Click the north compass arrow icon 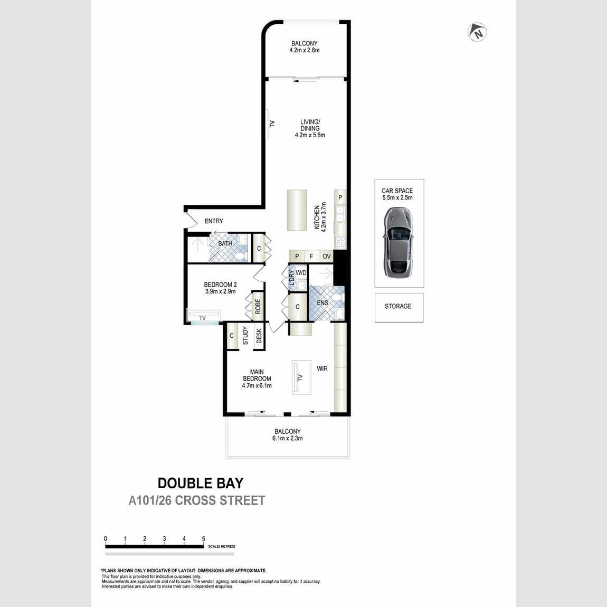(x=477, y=32)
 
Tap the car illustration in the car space (x=399, y=243)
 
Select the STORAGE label (x=398, y=306)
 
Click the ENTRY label (x=214, y=221)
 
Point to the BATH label (x=225, y=243)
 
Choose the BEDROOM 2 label (x=220, y=284)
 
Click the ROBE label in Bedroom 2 (x=258, y=307)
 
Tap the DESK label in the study (x=259, y=336)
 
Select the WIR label (x=322, y=368)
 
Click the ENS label (x=323, y=303)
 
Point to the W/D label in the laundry (x=301, y=273)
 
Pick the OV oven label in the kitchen (x=327, y=257)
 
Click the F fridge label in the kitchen (x=311, y=257)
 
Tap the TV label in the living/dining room (x=272, y=124)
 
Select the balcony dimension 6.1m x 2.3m (x=287, y=438)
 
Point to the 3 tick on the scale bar (x=164, y=539)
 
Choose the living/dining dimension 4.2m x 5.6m (x=310, y=135)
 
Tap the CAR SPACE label (x=397, y=191)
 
